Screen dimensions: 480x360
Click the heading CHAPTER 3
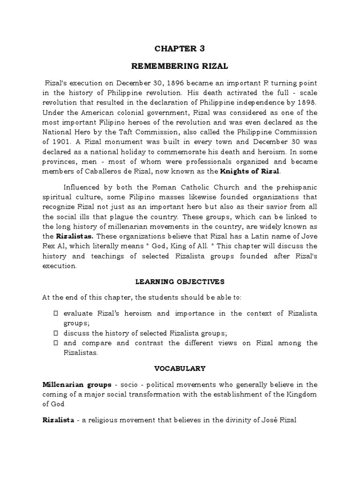[180, 49]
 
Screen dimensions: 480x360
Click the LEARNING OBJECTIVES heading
[180, 282]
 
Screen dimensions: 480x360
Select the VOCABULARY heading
[180, 369]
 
